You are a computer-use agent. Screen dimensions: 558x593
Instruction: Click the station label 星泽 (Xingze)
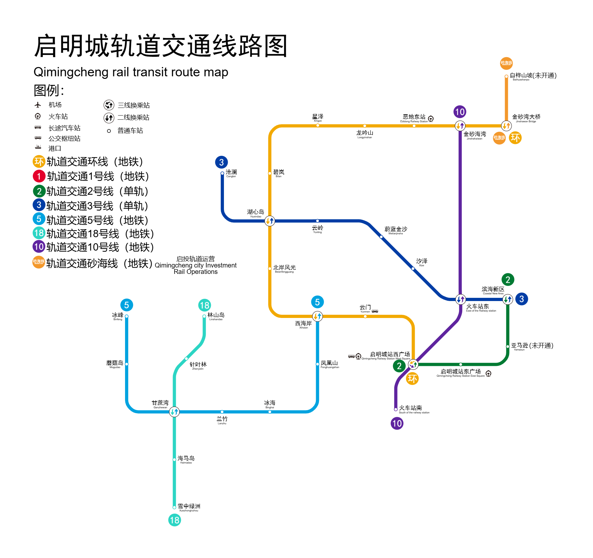pos(318,117)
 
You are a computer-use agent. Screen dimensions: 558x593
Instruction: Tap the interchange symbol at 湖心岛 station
pos(270,221)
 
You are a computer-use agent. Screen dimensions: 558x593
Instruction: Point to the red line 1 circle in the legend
pos(39,176)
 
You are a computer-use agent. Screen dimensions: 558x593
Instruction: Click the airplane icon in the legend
pos(38,105)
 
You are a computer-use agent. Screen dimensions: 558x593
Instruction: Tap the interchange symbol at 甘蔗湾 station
pos(174,412)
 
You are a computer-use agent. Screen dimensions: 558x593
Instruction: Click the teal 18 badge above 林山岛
pos(204,305)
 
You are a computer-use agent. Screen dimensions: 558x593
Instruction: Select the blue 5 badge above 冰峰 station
pos(127,305)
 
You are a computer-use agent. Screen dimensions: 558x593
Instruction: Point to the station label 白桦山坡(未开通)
pos(533,76)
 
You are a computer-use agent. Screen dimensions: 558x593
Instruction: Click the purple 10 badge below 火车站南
pos(397,423)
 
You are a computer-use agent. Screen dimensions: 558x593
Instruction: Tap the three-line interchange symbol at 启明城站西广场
pos(413,364)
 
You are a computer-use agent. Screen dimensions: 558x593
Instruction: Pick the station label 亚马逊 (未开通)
pos(532,346)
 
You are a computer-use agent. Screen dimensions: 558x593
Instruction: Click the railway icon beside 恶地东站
pos(431,119)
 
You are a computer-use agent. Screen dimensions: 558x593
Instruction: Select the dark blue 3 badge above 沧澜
pos(221,162)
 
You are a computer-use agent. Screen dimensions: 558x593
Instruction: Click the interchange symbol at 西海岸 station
pos(317,316)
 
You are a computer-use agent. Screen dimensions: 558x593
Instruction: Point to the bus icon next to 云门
pos(375,311)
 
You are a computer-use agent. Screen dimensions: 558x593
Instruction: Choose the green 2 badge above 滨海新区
pos(508,280)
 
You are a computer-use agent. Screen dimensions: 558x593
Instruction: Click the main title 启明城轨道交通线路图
pos(161,46)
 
